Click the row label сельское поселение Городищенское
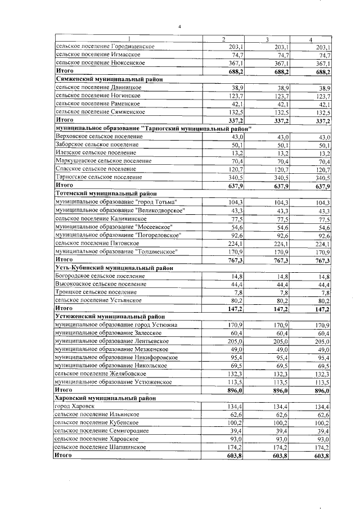point(102,46)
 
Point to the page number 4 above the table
point(179,26)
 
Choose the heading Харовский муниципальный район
point(105,398)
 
